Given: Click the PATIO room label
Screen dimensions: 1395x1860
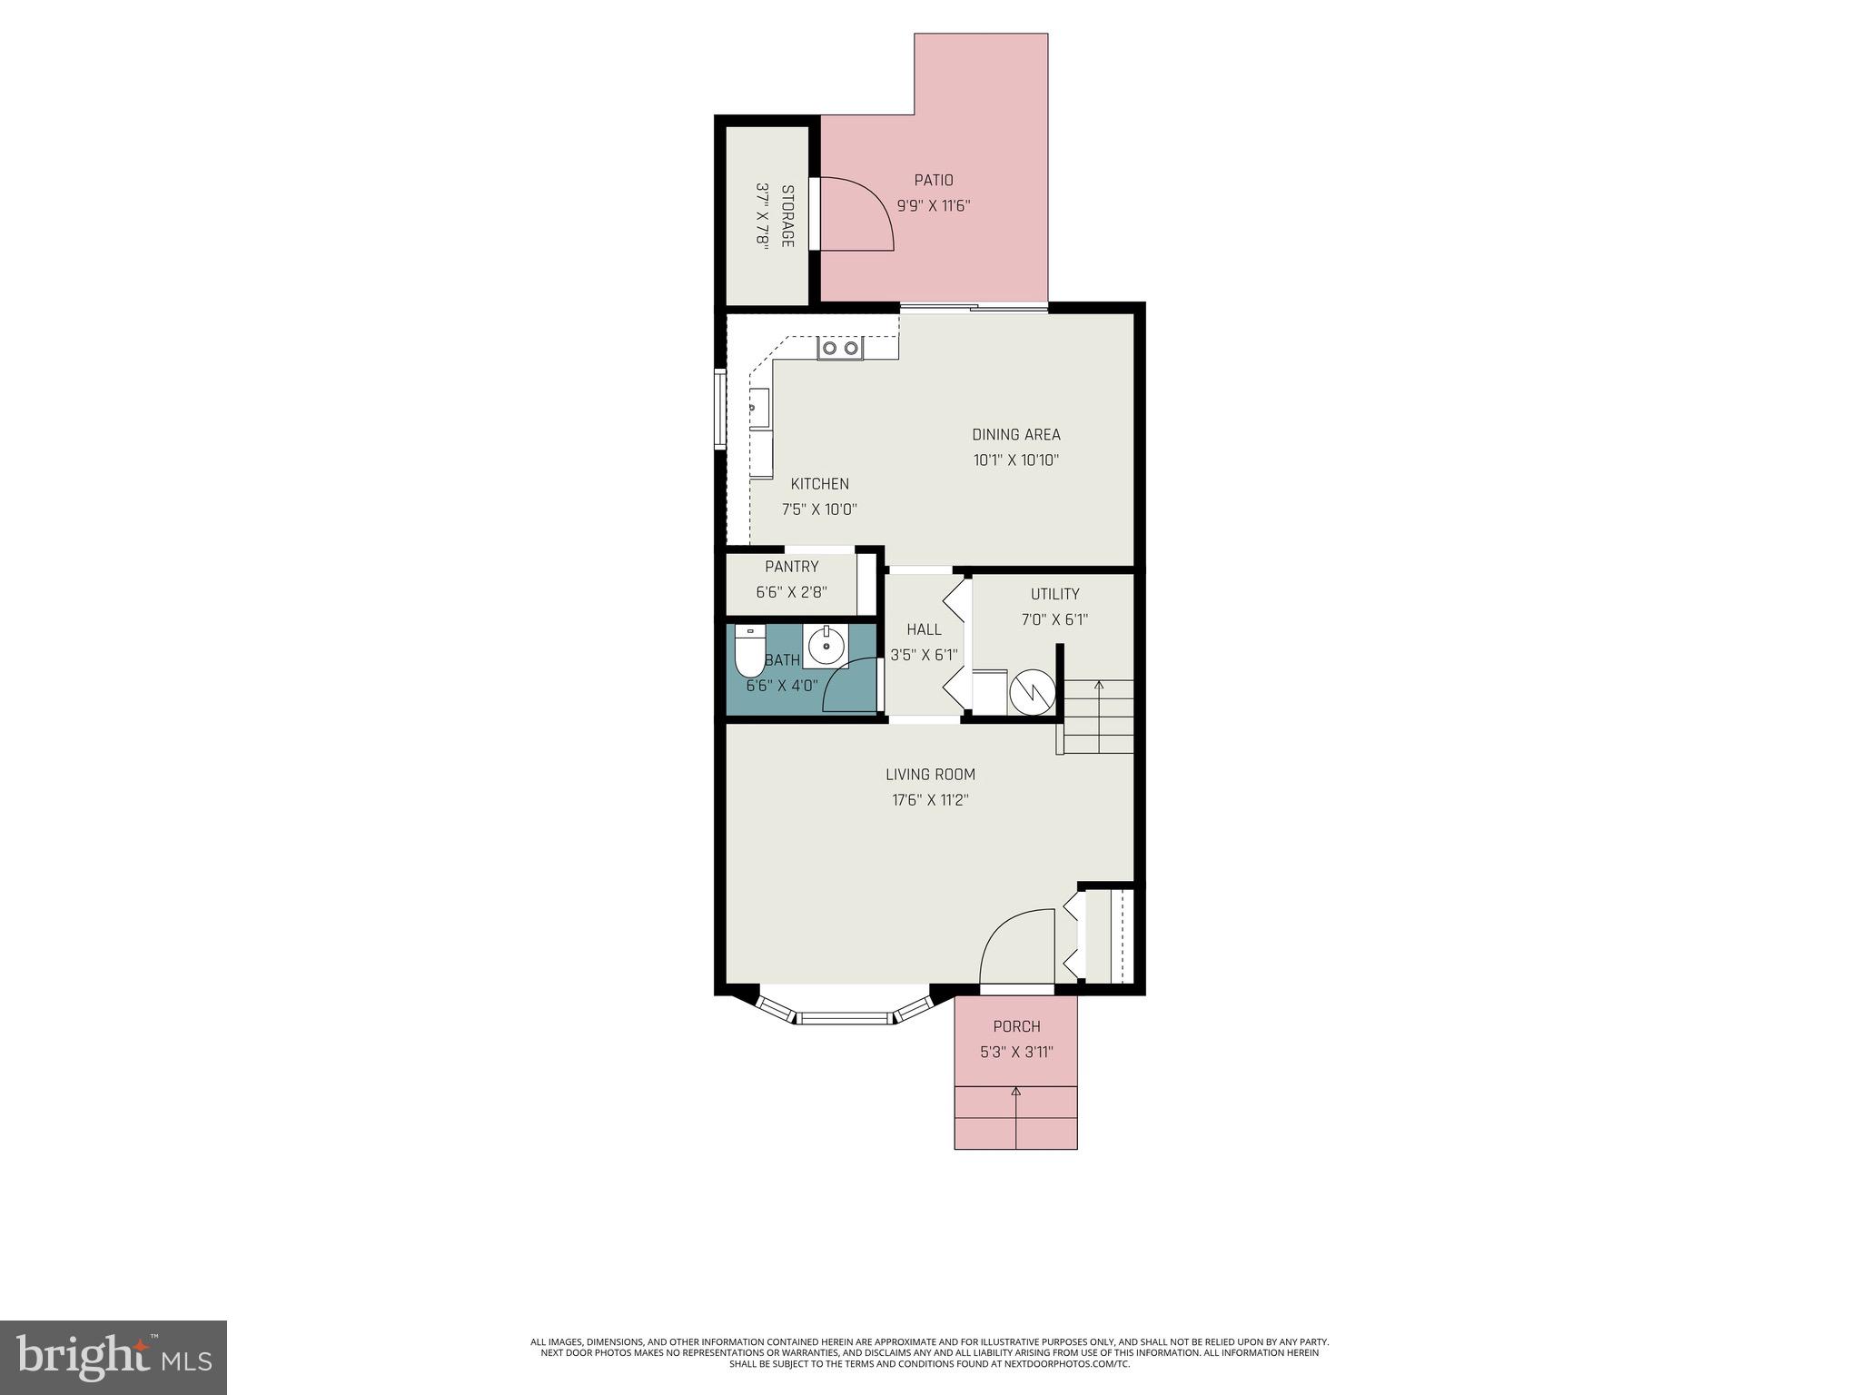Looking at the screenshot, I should [x=934, y=181].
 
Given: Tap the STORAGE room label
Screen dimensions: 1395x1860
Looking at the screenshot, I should [x=787, y=216].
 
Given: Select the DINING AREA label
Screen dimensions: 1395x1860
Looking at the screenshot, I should [x=1015, y=435].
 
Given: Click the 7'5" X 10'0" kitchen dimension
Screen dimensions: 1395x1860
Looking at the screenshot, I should [x=819, y=510].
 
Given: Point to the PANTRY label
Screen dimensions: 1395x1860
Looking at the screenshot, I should [x=791, y=567].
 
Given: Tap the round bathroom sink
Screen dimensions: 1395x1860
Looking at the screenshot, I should [x=826, y=647].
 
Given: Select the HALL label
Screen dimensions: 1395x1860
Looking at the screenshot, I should [x=924, y=629].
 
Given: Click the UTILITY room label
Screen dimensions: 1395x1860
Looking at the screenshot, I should [x=1054, y=594].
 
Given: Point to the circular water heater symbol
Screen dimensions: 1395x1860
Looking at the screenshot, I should [x=1032, y=692].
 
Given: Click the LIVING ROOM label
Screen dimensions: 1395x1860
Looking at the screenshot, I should [x=930, y=775].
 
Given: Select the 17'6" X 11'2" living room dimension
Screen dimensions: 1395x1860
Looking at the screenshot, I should [x=930, y=800].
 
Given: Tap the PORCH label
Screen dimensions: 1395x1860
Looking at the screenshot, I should [x=1016, y=1026].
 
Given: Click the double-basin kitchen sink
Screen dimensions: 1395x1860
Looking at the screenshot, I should [x=839, y=348].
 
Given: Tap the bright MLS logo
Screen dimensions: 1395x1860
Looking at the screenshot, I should [x=114, y=1357].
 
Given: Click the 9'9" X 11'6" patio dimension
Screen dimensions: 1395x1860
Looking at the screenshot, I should [x=934, y=206].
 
